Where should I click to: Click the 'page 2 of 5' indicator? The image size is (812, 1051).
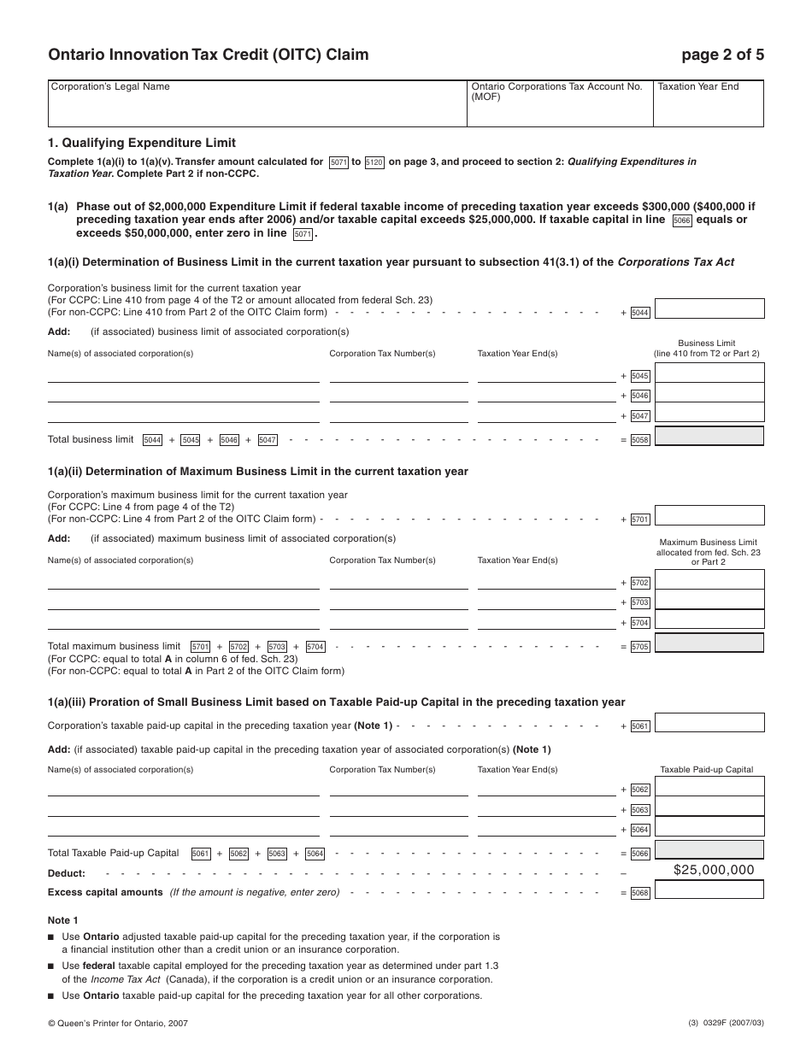(x=722, y=56)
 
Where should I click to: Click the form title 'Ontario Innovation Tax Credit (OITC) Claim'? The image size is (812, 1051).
(x=209, y=56)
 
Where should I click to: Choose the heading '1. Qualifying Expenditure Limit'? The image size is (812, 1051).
(x=142, y=143)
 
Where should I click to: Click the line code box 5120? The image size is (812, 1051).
(x=374, y=162)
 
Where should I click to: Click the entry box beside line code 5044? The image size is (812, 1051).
(x=709, y=309)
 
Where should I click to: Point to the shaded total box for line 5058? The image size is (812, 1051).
(x=709, y=437)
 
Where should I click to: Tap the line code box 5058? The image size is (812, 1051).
(x=640, y=440)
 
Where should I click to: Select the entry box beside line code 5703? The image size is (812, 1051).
(x=709, y=601)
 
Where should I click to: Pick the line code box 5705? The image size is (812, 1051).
(x=640, y=647)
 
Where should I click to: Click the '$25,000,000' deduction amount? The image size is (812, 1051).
(x=714, y=870)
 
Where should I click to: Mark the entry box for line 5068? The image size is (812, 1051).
(x=709, y=890)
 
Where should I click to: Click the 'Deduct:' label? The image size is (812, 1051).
(x=67, y=873)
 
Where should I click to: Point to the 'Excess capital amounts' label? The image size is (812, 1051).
(x=105, y=892)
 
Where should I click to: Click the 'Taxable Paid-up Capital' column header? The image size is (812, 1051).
(x=707, y=769)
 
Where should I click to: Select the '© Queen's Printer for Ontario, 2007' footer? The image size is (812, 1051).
(x=118, y=1023)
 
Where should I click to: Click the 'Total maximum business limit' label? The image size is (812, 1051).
(x=115, y=646)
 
